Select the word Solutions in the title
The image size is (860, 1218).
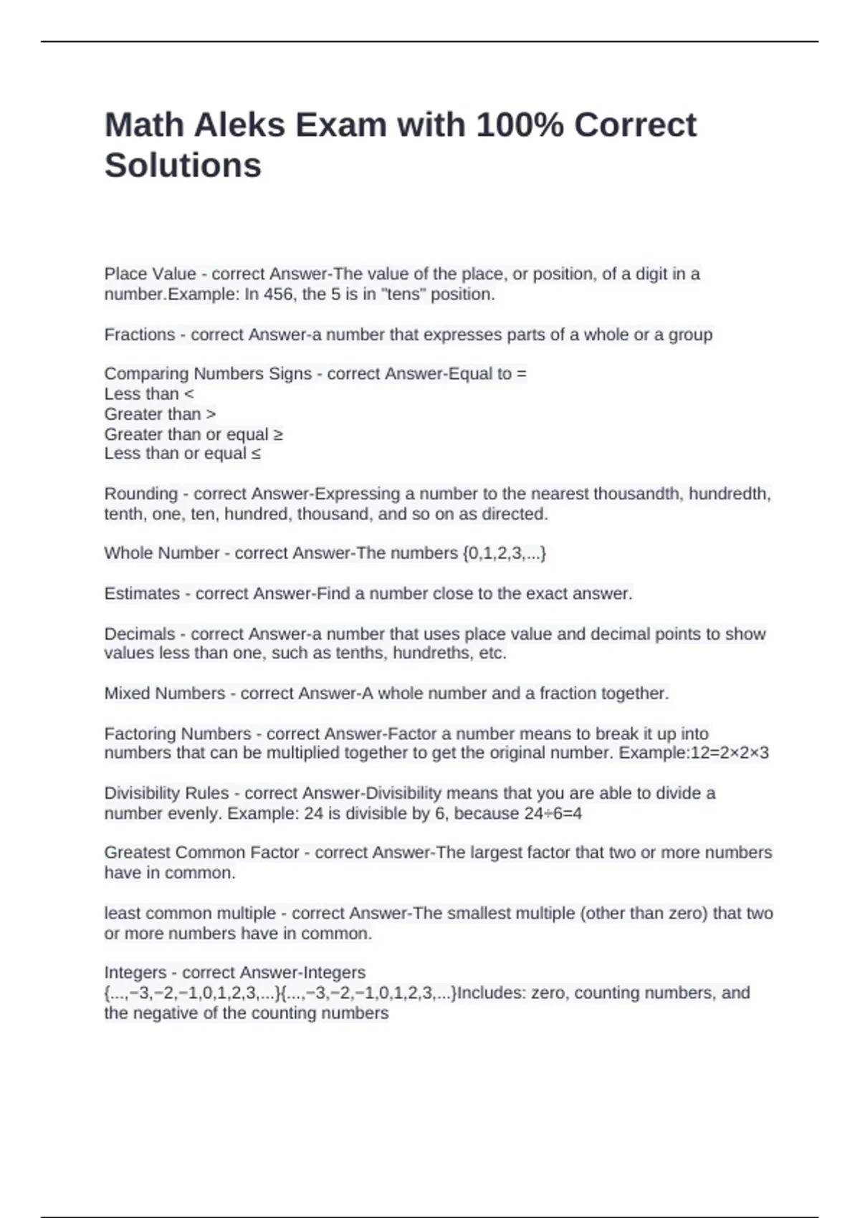(x=183, y=166)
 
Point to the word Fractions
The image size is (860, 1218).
(x=140, y=335)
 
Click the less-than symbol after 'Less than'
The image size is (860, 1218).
(x=189, y=394)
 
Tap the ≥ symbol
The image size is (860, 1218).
(x=278, y=435)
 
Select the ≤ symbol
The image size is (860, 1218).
(x=256, y=454)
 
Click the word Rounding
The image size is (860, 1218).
(x=141, y=494)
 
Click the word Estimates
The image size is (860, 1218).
(x=142, y=593)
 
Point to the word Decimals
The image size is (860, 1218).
(x=140, y=634)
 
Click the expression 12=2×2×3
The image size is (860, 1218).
(x=729, y=753)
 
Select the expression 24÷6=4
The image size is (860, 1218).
(x=553, y=813)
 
